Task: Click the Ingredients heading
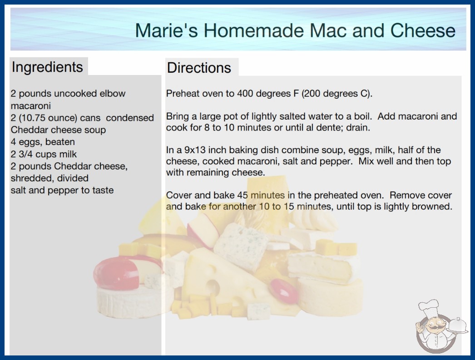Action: point(47,67)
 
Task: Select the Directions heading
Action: point(199,68)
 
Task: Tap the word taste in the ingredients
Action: point(103,190)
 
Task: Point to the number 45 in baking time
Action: point(242,195)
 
